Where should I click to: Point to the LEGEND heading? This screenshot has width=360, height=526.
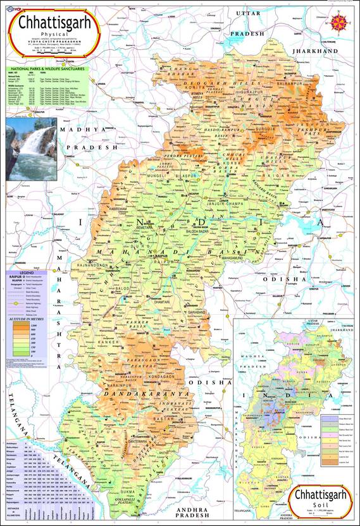(16, 272)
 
